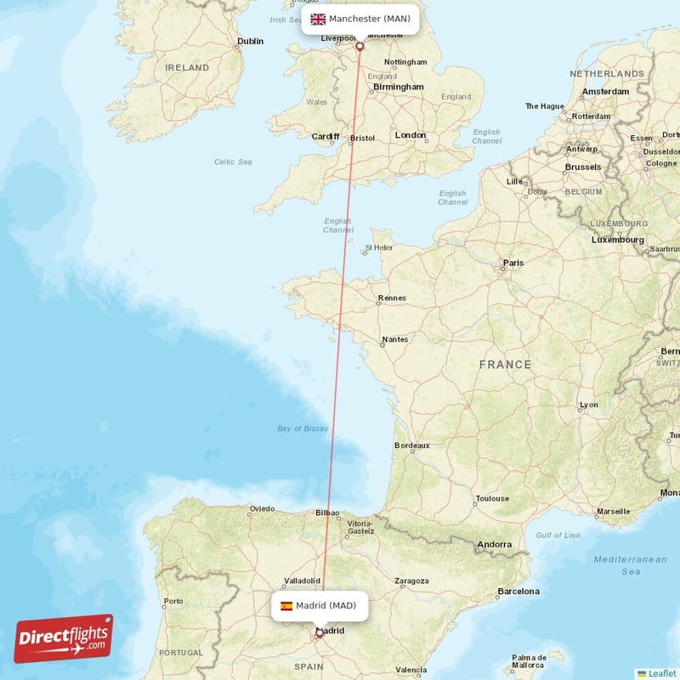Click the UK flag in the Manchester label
point(318,19)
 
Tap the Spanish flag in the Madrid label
point(286,606)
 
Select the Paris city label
point(513,263)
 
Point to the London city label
point(411,135)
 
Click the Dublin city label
point(250,41)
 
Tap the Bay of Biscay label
point(303,428)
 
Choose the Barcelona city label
point(518,591)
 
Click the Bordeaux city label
point(412,445)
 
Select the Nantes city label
point(394,339)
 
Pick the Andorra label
point(494,545)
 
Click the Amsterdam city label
point(606,91)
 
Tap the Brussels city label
point(582,167)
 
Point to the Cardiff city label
point(325,136)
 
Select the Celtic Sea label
point(233,161)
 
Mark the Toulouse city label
point(492,499)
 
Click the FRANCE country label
point(505,365)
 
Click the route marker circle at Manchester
point(360,46)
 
